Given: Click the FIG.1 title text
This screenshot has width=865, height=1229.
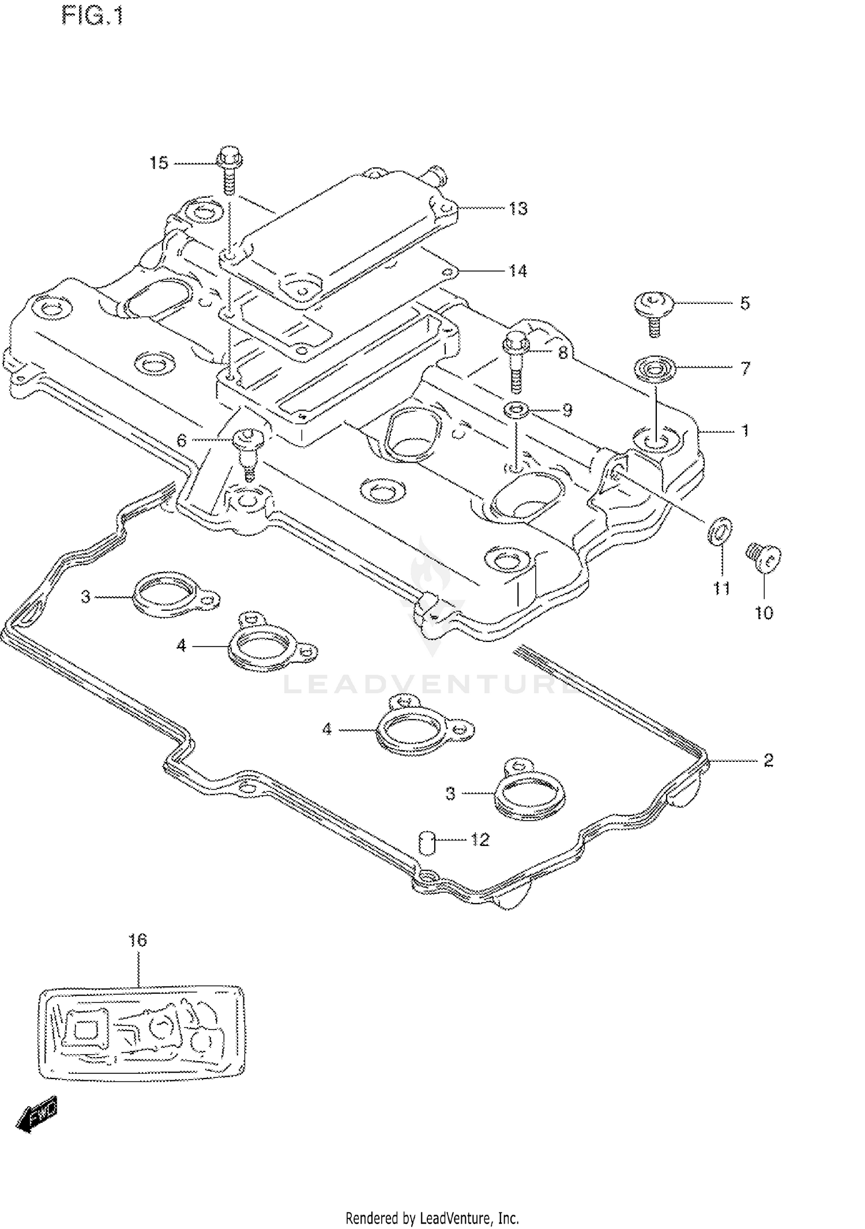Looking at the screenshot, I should coord(92,16).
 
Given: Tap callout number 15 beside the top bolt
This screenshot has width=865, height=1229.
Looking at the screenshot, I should coord(159,163).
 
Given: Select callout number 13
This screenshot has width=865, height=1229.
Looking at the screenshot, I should coord(518,208).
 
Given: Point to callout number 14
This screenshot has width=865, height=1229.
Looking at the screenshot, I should coord(518,270).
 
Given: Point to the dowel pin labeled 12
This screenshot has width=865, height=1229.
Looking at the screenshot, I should coord(425,843).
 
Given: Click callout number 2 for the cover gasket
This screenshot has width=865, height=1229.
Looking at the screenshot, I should coord(768,761).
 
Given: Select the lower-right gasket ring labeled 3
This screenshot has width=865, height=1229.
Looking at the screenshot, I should coord(529,795).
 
